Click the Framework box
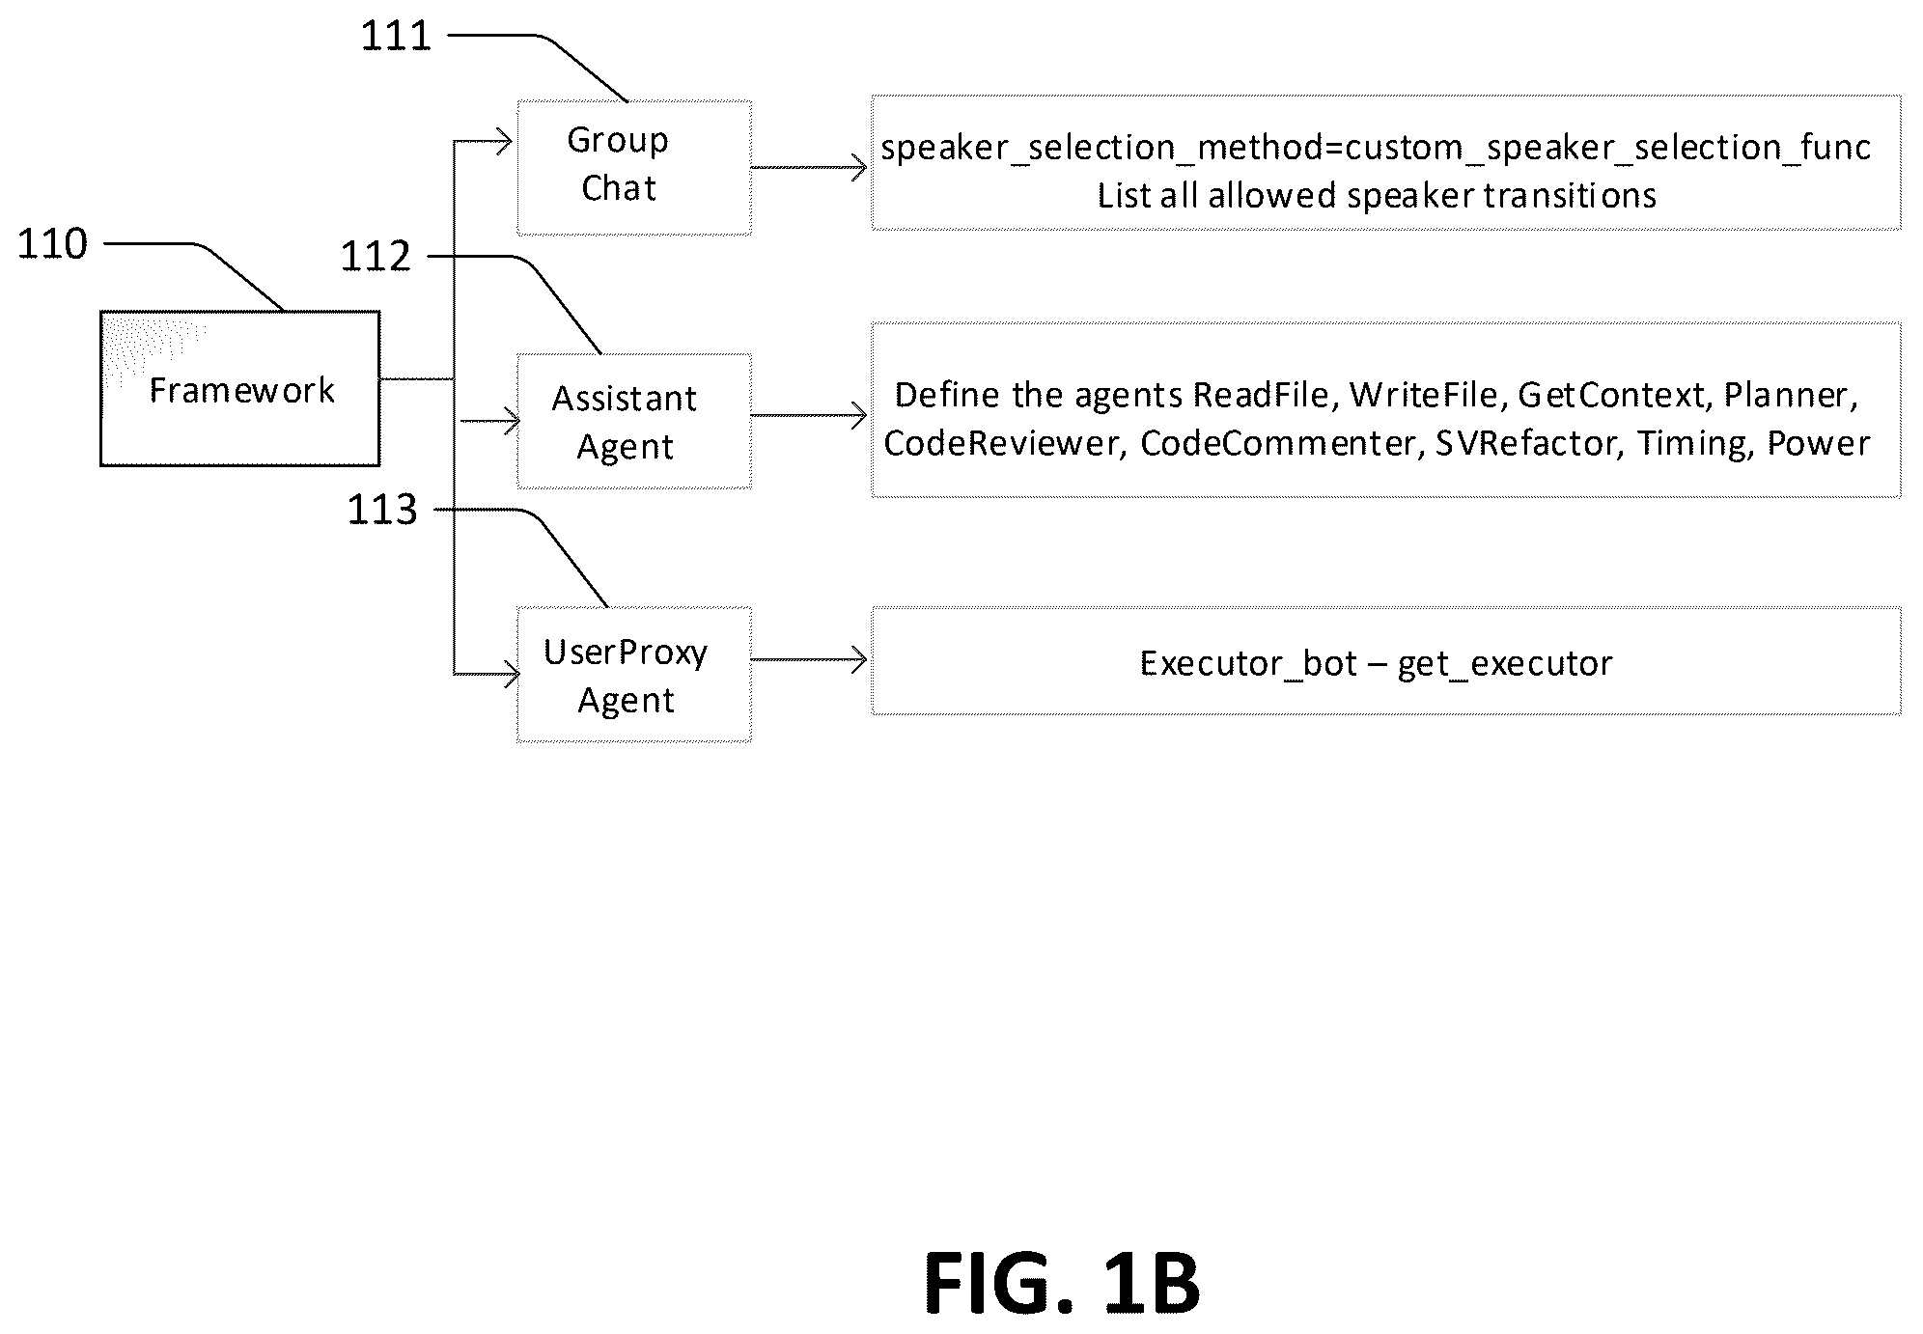[x=239, y=388]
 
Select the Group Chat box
[x=634, y=167]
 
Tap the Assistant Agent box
[x=634, y=421]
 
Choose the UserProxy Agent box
[x=634, y=674]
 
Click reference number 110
[x=53, y=244]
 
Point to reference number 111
[x=396, y=37]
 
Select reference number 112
[x=376, y=257]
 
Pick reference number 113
[x=382, y=510]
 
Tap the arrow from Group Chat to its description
[x=809, y=168]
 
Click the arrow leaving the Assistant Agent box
[x=809, y=416]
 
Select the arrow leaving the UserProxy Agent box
[x=809, y=660]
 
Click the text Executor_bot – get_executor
[x=1376, y=664]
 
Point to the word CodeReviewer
[x=1001, y=443]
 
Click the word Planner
[x=1787, y=395]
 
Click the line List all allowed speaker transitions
[x=1377, y=196]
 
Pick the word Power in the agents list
[x=1819, y=443]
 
